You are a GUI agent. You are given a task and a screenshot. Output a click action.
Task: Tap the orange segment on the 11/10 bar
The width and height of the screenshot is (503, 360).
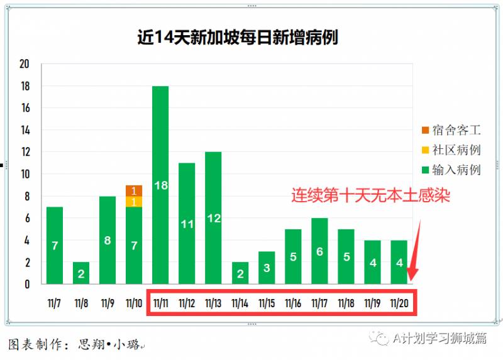pos(134,190)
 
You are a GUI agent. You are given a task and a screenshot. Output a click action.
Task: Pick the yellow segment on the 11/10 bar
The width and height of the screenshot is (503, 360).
pos(134,202)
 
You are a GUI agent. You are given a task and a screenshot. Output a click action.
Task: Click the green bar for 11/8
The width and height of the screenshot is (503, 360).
pos(81,273)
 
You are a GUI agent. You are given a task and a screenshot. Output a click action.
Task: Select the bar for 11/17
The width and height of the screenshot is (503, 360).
pos(319,251)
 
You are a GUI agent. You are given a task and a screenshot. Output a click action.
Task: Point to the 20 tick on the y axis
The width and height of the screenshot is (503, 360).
pos(25,64)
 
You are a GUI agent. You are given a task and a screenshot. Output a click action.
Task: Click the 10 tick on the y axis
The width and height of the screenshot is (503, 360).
pos(25,174)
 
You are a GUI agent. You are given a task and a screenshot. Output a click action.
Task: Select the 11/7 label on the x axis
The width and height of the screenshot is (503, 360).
pos(55,303)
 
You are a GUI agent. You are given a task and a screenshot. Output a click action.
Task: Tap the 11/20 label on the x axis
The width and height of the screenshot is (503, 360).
pos(399,303)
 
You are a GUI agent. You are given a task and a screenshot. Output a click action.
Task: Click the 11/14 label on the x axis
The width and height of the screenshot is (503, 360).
pos(240,303)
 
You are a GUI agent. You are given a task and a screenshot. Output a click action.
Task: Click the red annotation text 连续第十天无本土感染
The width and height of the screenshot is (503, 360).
pos(370,195)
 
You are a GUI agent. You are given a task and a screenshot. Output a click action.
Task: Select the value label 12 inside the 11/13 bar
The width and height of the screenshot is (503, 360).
pos(213,219)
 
